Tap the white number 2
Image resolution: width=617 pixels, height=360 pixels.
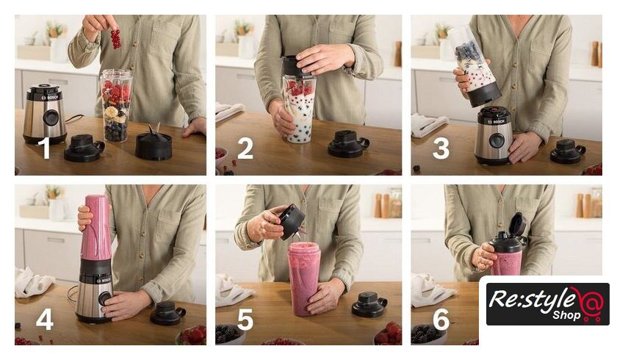245,148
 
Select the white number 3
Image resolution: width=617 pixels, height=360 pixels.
441,148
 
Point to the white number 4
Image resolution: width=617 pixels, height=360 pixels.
45,319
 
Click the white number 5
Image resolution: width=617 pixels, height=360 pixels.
245,319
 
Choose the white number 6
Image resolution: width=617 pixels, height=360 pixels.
441,319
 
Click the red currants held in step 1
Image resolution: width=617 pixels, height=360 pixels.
115,39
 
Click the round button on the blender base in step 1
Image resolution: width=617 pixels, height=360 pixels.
51,118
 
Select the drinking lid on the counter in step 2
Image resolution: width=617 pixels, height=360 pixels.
348,145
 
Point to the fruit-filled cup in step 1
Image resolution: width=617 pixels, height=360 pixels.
116,106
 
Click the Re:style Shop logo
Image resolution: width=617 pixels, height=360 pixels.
547,303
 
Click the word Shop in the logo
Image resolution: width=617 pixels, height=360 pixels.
566,315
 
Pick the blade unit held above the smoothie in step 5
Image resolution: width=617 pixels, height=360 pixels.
292,222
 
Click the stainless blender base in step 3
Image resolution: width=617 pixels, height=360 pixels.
494,135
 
